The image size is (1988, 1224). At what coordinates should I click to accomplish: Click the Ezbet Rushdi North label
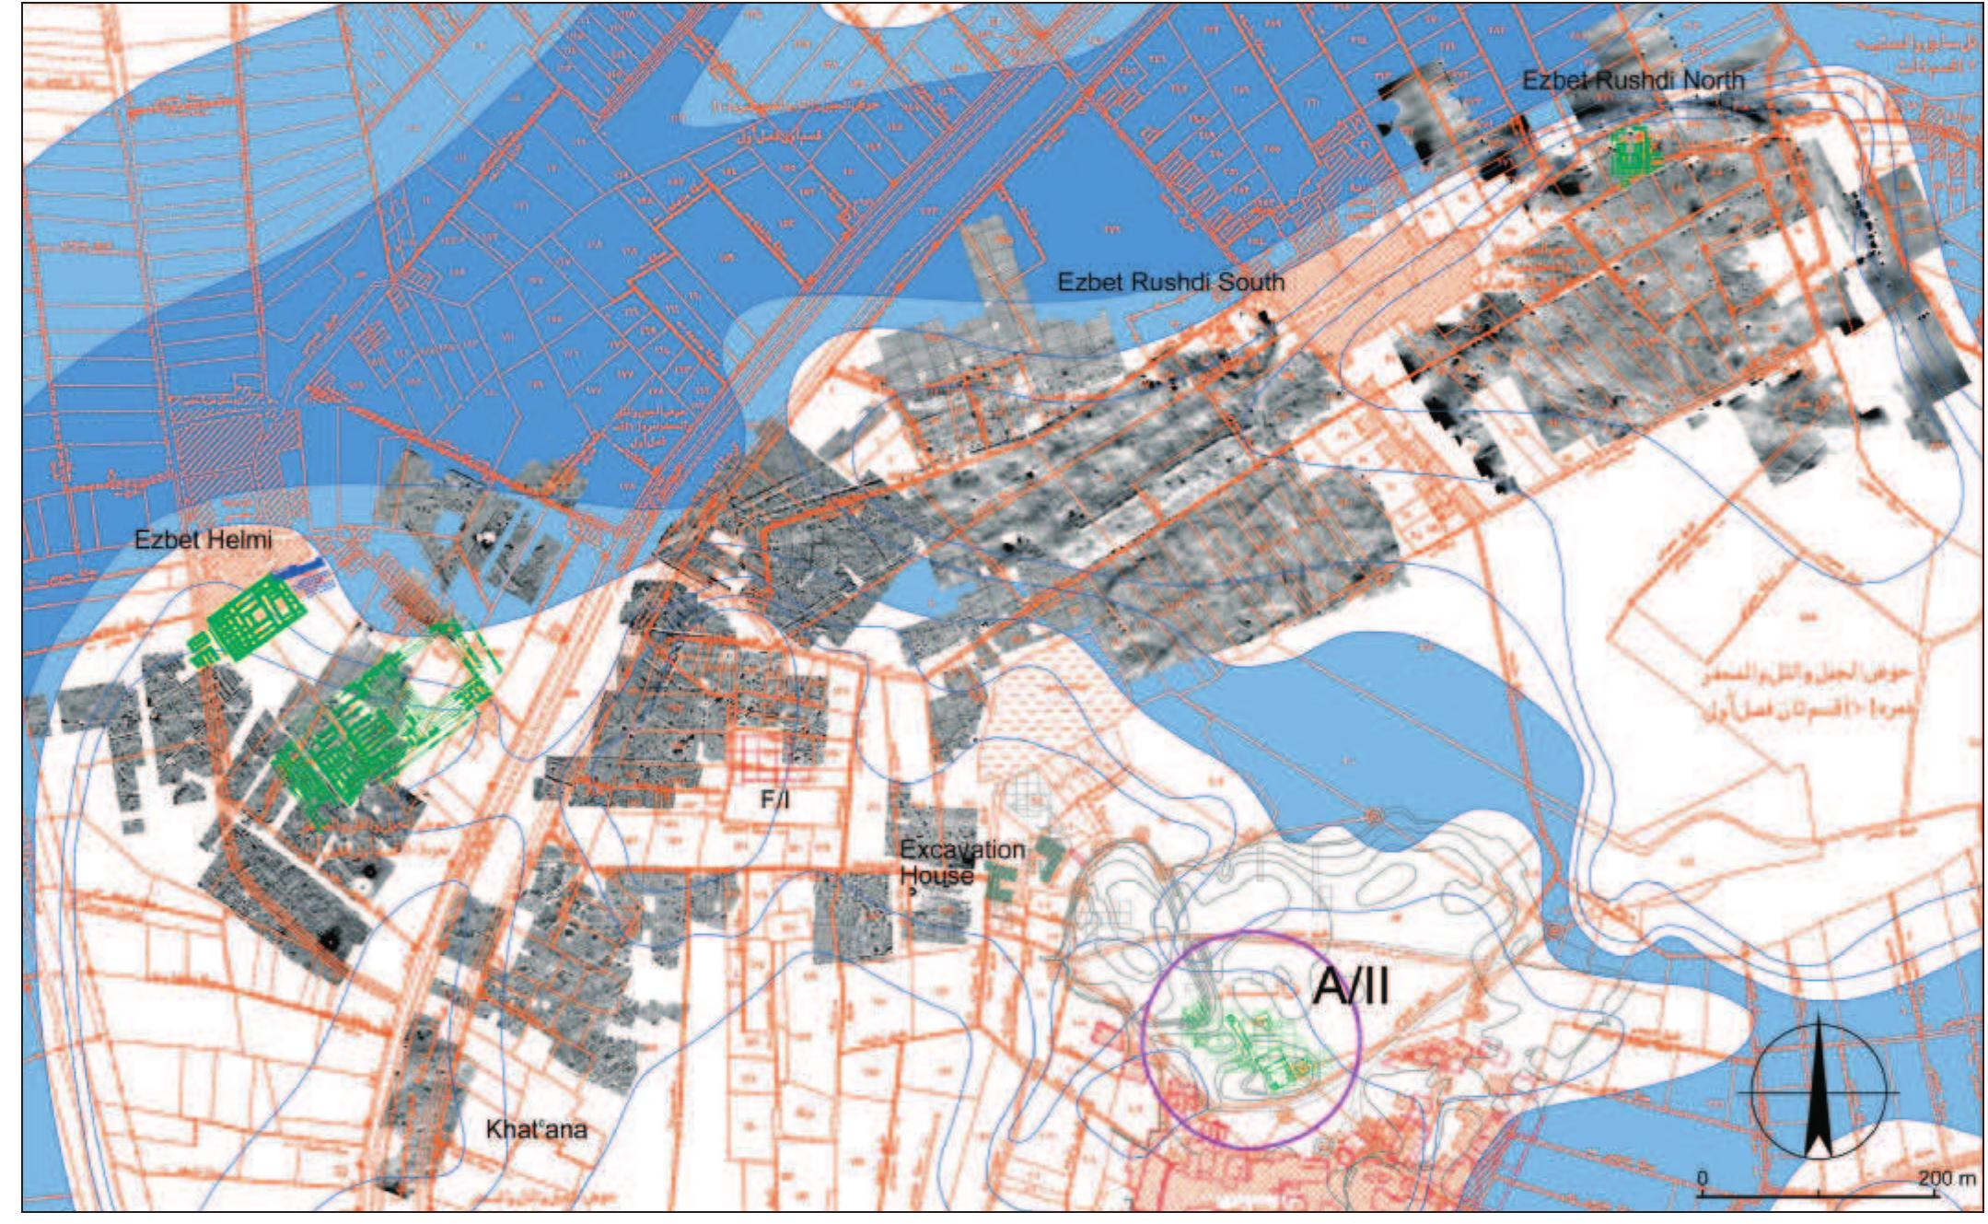click(x=1632, y=80)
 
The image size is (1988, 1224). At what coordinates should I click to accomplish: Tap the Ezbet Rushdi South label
click(x=1169, y=282)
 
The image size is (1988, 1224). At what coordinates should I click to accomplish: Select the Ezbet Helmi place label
click(x=203, y=540)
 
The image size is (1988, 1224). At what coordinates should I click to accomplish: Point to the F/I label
click(x=774, y=800)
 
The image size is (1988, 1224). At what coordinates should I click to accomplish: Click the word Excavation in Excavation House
click(x=961, y=849)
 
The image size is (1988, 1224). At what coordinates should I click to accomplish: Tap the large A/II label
click(x=1350, y=987)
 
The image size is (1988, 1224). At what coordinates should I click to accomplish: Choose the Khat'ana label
click(x=536, y=1129)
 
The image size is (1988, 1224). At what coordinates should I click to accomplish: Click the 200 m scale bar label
click(x=1947, y=1178)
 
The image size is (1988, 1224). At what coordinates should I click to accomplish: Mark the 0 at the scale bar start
click(x=1703, y=1178)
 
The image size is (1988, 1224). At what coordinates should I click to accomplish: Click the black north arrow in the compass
click(x=1817, y=1096)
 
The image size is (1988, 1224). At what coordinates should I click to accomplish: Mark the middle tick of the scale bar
click(x=1819, y=1195)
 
